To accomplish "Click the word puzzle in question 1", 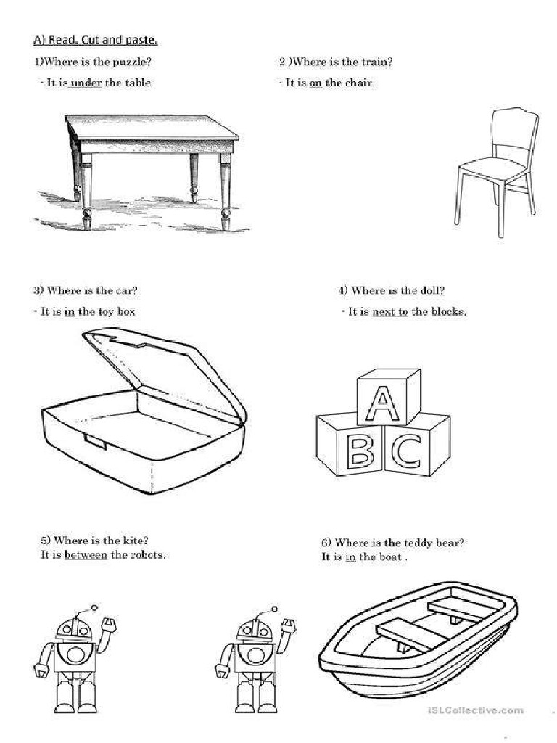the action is pos(129,62).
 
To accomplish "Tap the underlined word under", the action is pos(86,83).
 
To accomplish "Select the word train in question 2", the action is pos(374,62).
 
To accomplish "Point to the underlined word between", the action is pos(86,554).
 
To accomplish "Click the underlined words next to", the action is pos(390,311).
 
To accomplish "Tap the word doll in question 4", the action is pos(430,290).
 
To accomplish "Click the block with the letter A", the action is pos(389,397).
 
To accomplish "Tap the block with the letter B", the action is pos(351,445).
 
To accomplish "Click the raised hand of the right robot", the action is pos(289,625).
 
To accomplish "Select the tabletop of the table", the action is pos(152,128).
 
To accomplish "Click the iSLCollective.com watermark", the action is pos(475,710).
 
